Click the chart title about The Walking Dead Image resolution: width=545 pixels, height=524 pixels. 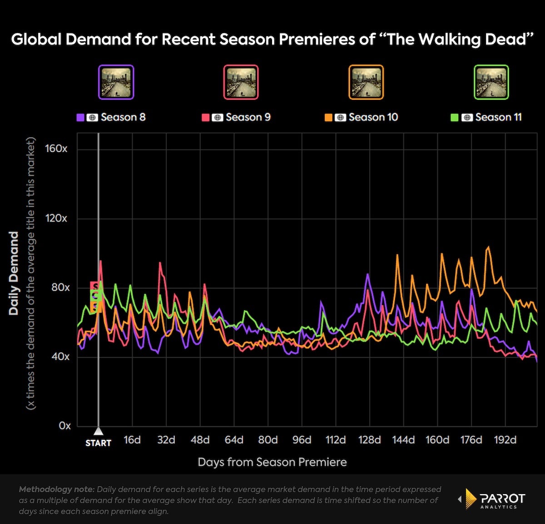coord(272,40)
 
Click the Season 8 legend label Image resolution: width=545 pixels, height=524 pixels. coord(123,117)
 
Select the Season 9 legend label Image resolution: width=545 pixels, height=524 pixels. coord(248,117)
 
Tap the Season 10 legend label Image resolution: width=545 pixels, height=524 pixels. coord(373,117)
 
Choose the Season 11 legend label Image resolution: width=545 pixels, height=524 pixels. coord(498,117)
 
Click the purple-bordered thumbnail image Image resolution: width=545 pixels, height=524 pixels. coord(116,82)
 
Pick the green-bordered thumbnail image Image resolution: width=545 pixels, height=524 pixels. coord(491,82)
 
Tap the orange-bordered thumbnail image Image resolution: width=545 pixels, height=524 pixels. coord(366,82)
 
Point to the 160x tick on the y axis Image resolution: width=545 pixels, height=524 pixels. coord(56,149)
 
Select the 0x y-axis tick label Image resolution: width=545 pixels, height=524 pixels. coord(64,426)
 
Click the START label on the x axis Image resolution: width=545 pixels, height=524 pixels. coord(98,443)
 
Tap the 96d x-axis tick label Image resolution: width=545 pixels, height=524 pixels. coord(302,440)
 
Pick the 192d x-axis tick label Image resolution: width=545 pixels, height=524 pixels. coord(505,440)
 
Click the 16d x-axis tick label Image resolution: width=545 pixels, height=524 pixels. coord(132,440)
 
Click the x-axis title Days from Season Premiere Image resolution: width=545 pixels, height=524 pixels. coord(272,462)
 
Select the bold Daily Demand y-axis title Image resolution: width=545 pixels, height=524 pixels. coord(14,273)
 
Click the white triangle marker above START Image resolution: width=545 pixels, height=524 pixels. coord(98,430)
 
